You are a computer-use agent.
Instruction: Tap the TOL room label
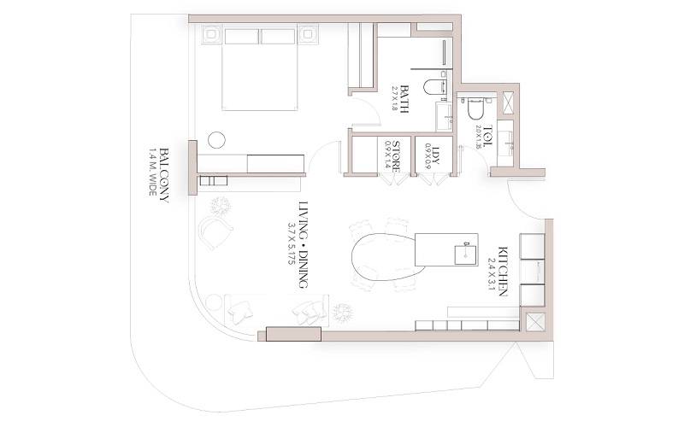[x=488, y=137]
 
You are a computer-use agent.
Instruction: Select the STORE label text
[x=396, y=155]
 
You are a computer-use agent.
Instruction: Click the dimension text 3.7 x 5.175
[x=291, y=243]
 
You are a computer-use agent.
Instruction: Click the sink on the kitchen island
[x=467, y=251]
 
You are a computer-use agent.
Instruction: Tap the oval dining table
[x=381, y=259]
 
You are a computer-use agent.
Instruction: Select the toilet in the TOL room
[x=476, y=109]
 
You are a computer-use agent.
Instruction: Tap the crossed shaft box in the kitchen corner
[x=536, y=324]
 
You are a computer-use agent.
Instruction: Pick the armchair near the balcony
[x=217, y=231]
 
